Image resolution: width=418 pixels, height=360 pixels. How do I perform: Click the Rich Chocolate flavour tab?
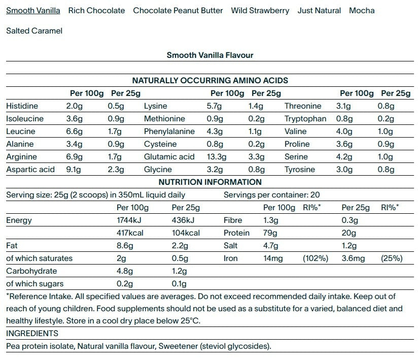[96, 10]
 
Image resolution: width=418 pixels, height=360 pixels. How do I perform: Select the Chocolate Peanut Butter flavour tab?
[178, 10]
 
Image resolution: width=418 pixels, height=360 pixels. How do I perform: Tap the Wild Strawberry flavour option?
[260, 10]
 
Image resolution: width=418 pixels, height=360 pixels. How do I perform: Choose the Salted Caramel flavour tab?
[34, 30]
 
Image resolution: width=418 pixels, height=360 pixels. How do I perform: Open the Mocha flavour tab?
[362, 10]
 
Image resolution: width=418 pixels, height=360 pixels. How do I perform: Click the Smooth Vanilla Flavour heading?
[210, 55]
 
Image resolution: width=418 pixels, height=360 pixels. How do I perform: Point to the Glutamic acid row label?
[169, 157]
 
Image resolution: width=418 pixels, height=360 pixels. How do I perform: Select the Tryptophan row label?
[305, 119]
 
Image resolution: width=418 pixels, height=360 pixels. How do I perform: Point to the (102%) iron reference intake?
[316, 258]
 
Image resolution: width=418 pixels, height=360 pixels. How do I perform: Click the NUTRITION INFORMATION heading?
[210, 182]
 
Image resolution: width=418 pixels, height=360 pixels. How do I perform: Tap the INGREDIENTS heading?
[32, 334]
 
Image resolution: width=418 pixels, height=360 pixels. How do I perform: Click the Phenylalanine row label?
[169, 132]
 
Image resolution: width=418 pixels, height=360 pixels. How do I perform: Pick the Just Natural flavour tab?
[320, 10]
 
